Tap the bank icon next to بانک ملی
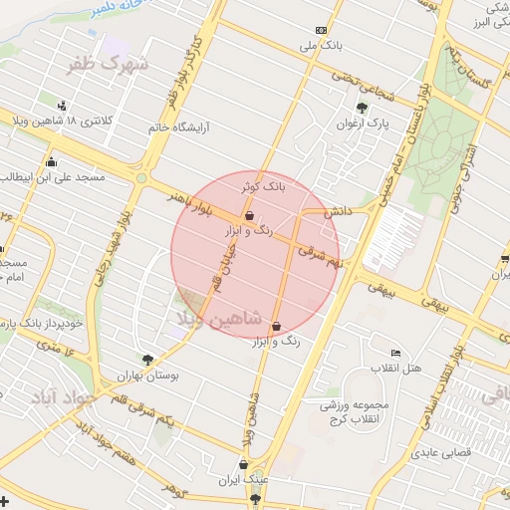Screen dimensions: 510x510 pos(320,30)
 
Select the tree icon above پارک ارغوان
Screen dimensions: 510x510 pos(361,109)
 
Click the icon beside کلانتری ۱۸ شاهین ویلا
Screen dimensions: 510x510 pos(64,106)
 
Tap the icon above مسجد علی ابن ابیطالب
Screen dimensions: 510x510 pos(51,162)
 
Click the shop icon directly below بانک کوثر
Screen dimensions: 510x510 pos(248,215)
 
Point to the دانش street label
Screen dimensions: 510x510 pos(334,212)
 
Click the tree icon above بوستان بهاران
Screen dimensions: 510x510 pos(148,361)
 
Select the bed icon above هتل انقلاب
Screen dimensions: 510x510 pos(396,354)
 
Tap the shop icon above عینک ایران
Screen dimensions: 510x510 pos(244,462)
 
